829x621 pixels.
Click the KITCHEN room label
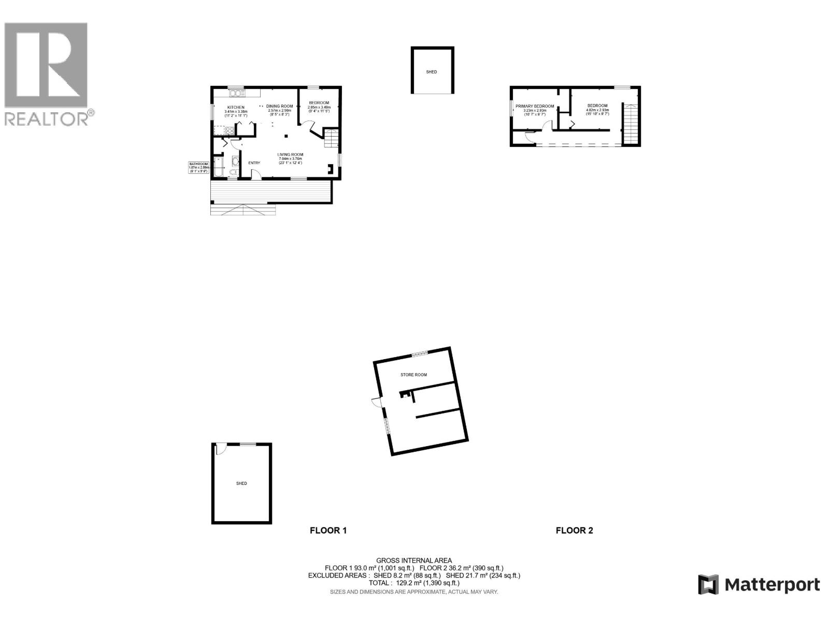[x=236, y=108]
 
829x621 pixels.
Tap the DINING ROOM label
[x=280, y=107]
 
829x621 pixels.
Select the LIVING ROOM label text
[x=290, y=155]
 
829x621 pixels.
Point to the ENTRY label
[x=254, y=164]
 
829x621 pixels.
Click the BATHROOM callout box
[x=198, y=167]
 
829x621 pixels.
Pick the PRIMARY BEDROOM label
[x=535, y=107]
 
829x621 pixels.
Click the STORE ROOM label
[x=413, y=375]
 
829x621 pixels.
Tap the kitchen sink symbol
[x=237, y=94]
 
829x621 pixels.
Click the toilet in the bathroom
[x=234, y=172]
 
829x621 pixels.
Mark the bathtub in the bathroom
[x=218, y=167]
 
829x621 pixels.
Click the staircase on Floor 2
[x=630, y=124]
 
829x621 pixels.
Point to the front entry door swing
[x=255, y=175]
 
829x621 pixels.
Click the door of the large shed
[x=221, y=449]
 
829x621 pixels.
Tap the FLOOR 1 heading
[x=328, y=530]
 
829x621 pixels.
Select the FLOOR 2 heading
[x=574, y=530]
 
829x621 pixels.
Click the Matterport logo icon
[x=708, y=585]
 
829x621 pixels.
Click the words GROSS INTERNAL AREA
[x=414, y=560]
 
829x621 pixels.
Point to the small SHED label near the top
[x=432, y=72]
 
